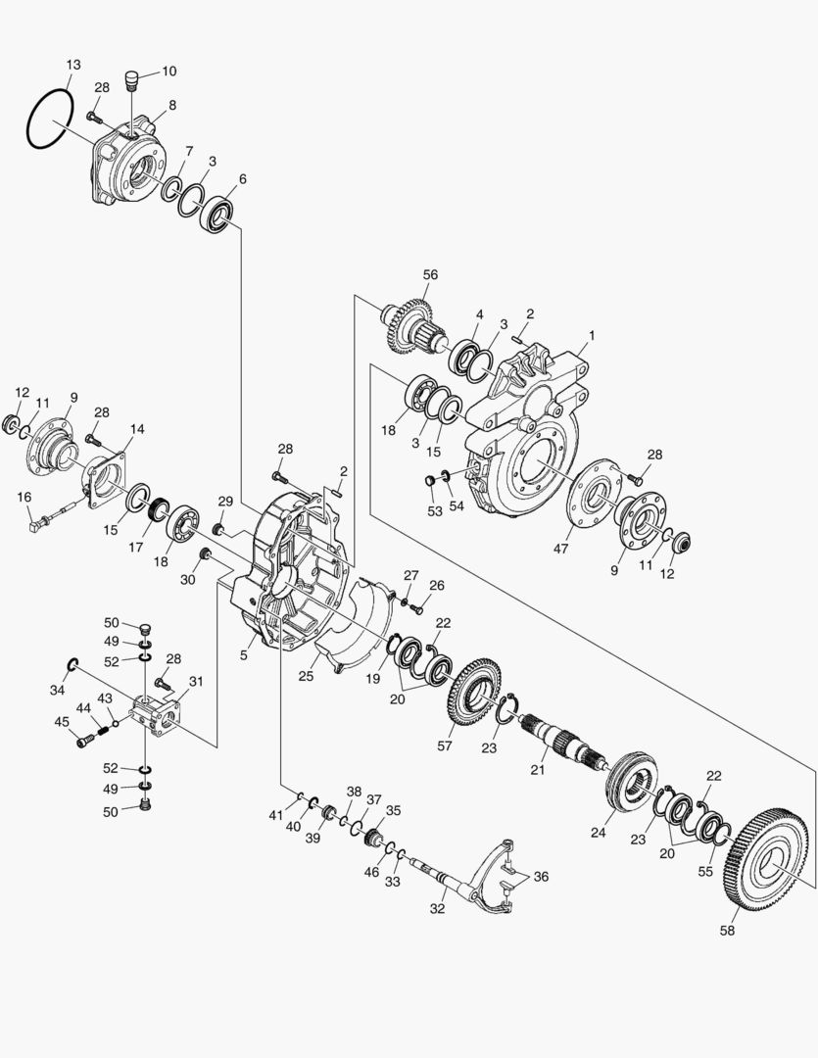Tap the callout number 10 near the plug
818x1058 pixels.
tap(168, 71)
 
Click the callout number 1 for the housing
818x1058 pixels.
tap(591, 335)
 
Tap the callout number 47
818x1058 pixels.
tap(560, 549)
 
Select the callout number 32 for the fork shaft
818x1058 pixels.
tap(437, 908)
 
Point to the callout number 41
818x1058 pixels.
tap(275, 815)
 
